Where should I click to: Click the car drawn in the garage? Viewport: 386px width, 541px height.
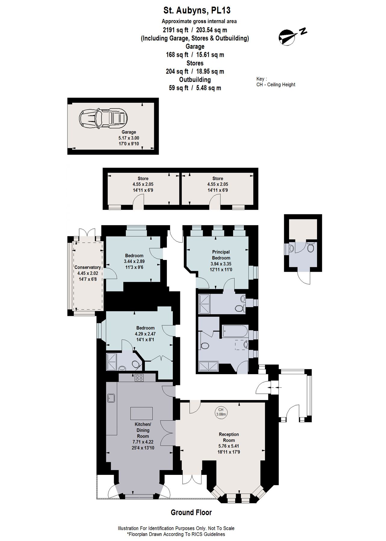click(103, 118)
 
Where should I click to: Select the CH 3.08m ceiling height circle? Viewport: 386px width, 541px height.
click(221, 412)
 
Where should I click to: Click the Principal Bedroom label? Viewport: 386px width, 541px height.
click(221, 255)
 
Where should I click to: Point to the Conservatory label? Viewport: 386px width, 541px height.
click(88, 267)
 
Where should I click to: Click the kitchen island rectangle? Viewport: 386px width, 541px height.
click(141, 413)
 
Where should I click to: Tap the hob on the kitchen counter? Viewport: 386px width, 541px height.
click(139, 377)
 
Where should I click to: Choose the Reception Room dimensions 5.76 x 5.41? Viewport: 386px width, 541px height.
click(229, 446)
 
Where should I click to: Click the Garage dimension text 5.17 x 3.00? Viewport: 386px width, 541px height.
click(129, 138)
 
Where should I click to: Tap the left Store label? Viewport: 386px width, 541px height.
click(143, 178)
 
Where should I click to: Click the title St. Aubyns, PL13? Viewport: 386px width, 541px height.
click(197, 11)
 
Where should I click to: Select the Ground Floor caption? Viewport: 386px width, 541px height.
click(191, 512)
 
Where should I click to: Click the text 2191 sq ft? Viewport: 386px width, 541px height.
click(176, 30)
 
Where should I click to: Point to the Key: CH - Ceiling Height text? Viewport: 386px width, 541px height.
click(275, 82)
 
